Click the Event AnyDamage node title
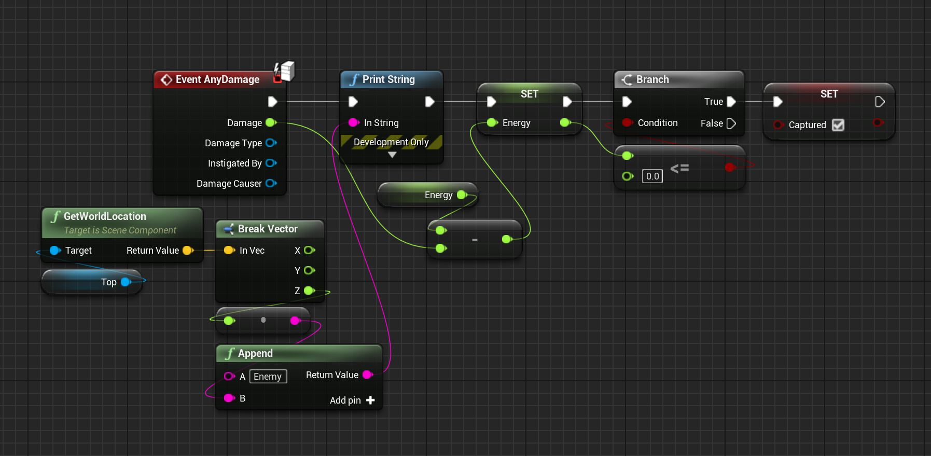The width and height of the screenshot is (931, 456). point(217,79)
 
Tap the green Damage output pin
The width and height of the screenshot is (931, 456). point(271,123)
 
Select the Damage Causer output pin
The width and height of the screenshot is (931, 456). point(271,183)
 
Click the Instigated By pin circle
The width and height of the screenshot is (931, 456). point(271,163)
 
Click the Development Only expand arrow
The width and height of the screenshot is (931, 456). point(392,155)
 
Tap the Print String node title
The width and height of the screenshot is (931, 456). point(388,79)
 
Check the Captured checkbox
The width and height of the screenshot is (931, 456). point(838,125)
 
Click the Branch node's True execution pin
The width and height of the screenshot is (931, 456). point(731,102)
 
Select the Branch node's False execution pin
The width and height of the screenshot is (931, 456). point(731,123)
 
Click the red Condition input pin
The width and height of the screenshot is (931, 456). point(628,122)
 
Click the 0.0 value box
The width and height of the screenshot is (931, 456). point(652,176)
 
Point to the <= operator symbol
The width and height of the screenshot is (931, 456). point(679,168)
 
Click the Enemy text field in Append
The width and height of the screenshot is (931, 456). point(268,376)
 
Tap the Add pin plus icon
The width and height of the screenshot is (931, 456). point(370,400)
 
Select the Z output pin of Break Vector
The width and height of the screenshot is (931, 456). point(310,291)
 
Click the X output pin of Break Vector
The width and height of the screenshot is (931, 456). point(310,250)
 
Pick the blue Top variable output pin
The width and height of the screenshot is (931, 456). point(126,282)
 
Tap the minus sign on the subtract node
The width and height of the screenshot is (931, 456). point(475,240)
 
